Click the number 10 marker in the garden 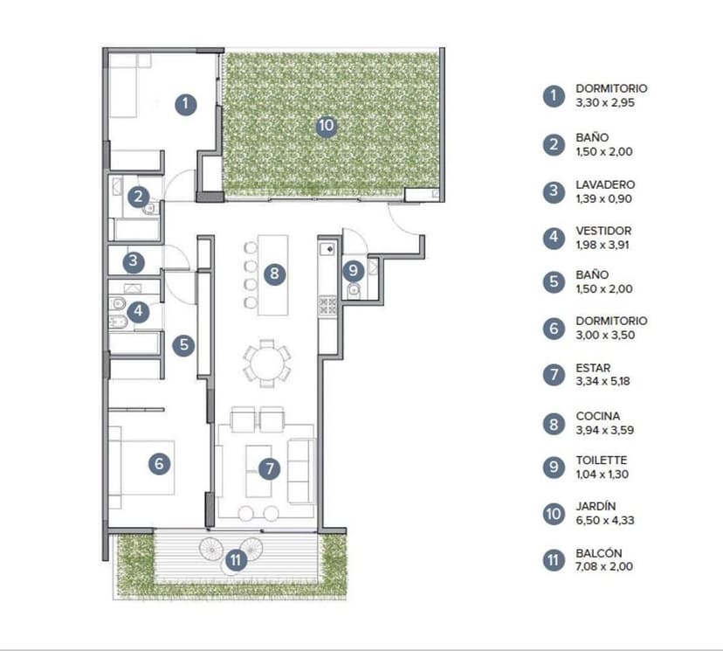326,126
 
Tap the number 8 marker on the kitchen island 274,274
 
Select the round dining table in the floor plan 266,364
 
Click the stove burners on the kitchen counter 327,306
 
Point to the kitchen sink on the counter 327,249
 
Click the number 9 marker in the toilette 353,270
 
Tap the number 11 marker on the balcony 236,560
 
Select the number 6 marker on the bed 159,463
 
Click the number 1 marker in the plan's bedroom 186,104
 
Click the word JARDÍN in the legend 596,506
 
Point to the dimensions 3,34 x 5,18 602,381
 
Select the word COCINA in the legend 597,416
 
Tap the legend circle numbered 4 554,237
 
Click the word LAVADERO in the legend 605,184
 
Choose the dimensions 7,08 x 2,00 604,566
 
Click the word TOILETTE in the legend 602,460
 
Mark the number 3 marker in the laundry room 134,261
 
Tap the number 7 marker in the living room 269,468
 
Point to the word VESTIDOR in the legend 603,231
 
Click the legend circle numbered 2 554,145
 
